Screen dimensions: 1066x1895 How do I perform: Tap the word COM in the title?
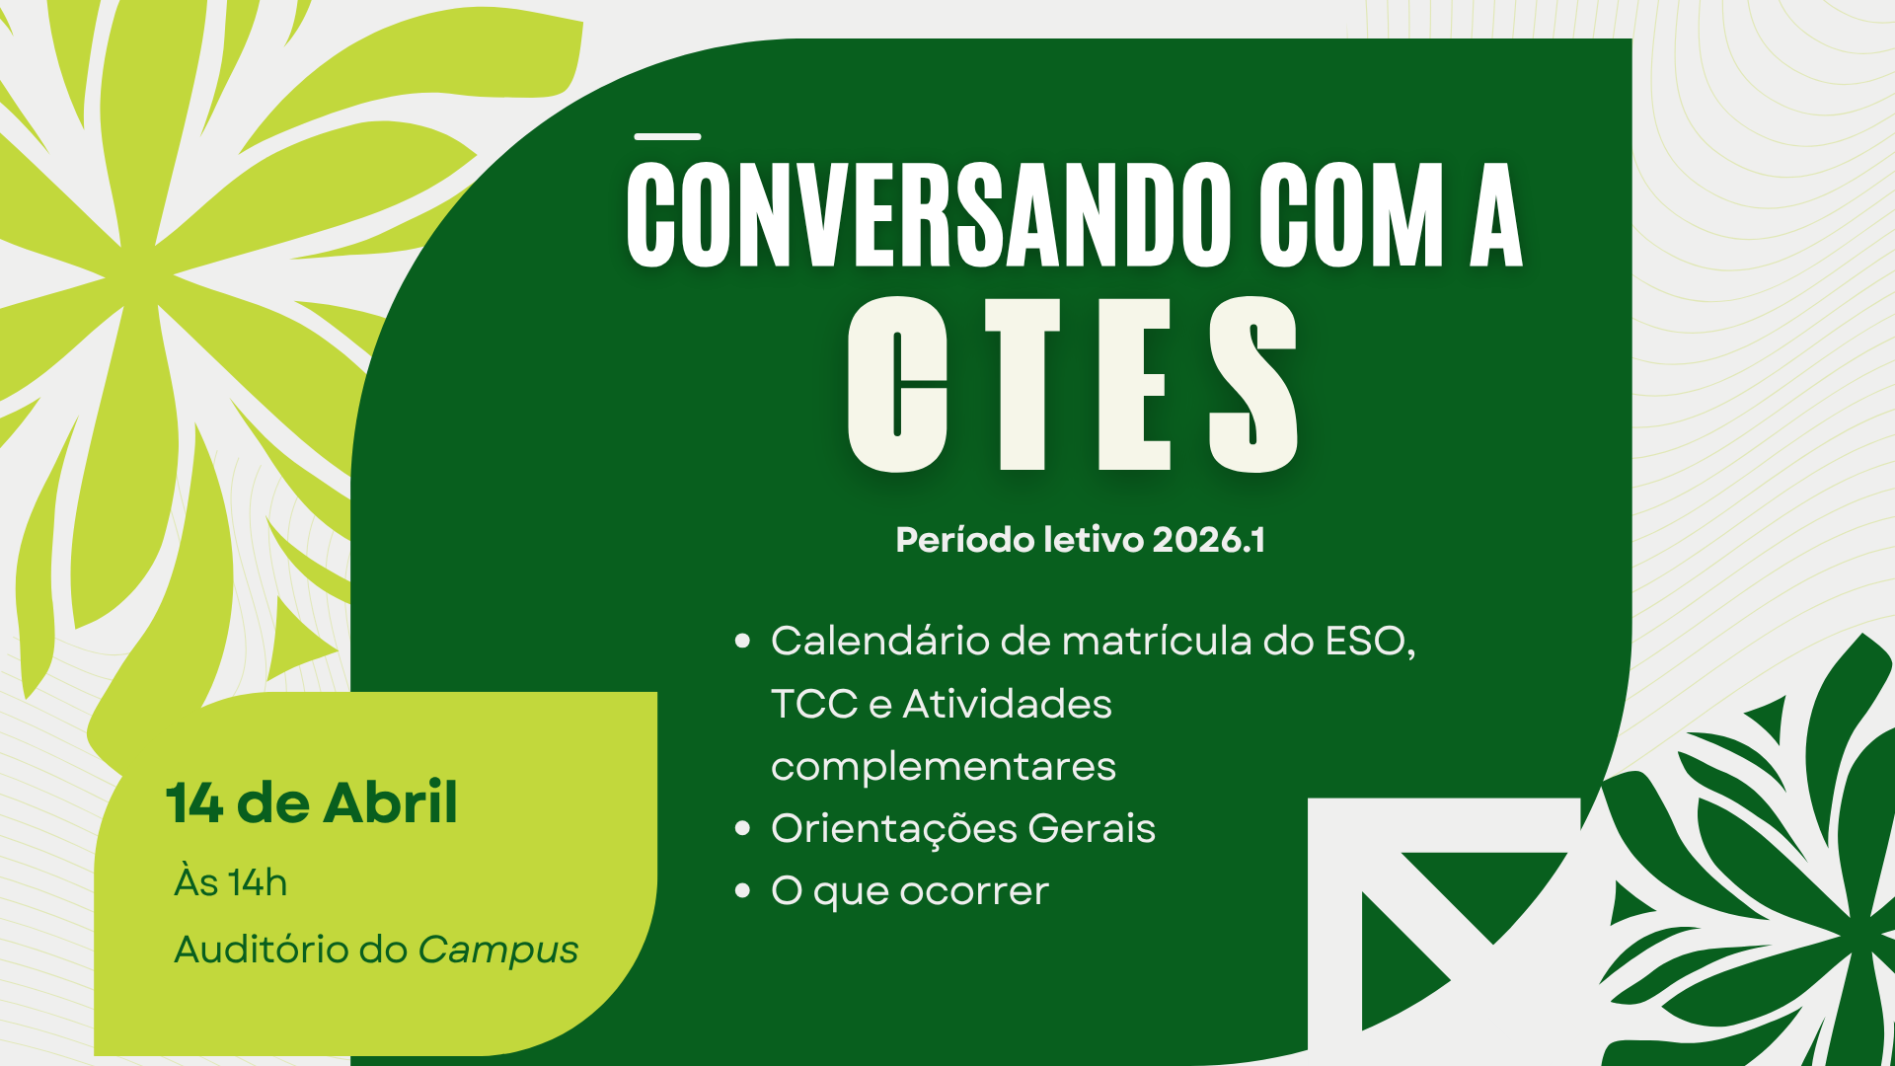tap(1351, 215)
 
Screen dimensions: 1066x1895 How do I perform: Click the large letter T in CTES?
tap(1023, 385)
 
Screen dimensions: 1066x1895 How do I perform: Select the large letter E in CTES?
tap(1135, 385)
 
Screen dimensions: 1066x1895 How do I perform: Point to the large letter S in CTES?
tap(1253, 385)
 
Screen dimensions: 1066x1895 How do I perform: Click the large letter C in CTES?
tap(897, 385)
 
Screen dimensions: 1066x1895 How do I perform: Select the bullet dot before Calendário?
tap(743, 642)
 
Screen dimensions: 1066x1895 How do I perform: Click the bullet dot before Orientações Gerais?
tap(743, 828)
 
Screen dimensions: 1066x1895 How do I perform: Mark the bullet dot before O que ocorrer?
tap(743, 890)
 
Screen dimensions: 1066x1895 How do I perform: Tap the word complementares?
tap(943, 767)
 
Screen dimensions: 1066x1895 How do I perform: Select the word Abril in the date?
tap(391, 802)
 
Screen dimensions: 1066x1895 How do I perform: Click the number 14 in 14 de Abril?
tap(194, 802)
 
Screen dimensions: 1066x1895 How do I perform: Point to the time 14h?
tap(258, 883)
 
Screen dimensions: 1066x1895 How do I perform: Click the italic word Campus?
tap(497, 951)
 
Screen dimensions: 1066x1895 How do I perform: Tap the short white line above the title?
tap(667, 136)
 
